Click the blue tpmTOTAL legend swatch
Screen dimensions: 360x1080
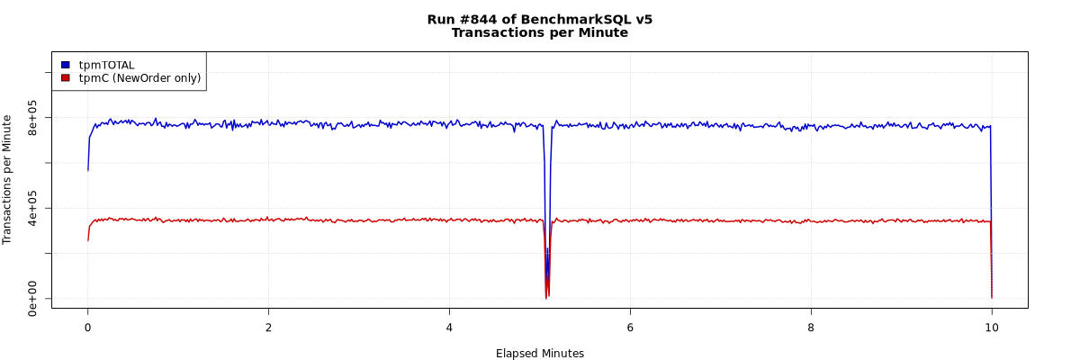pos(65,65)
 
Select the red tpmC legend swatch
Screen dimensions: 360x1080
pos(65,78)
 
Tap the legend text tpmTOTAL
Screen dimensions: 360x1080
pos(106,65)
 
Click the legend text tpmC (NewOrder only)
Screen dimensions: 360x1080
pos(139,78)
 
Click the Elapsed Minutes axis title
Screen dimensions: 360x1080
pos(539,354)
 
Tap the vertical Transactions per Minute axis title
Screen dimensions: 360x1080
pos(8,179)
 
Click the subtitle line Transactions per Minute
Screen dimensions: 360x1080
pos(539,33)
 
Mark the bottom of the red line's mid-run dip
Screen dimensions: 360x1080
pos(546,298)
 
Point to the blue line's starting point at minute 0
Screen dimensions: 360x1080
pos(87,170)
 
